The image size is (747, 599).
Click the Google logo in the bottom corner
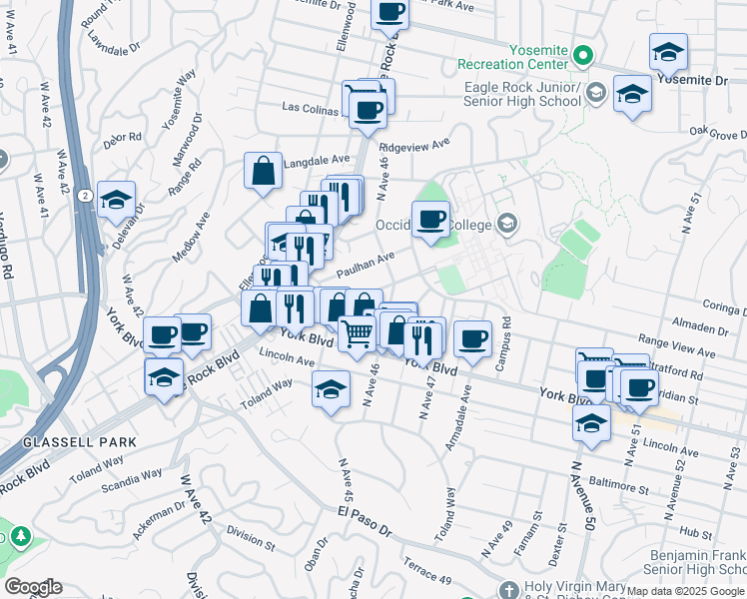click(x=33, y=586)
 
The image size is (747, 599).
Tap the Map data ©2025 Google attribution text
click(x=685, y=592)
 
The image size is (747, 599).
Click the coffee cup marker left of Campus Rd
click(x=472, y=337)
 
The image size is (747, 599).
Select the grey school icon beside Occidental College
click(x=507, y=223)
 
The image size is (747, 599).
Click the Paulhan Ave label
click(x=366, y=266)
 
